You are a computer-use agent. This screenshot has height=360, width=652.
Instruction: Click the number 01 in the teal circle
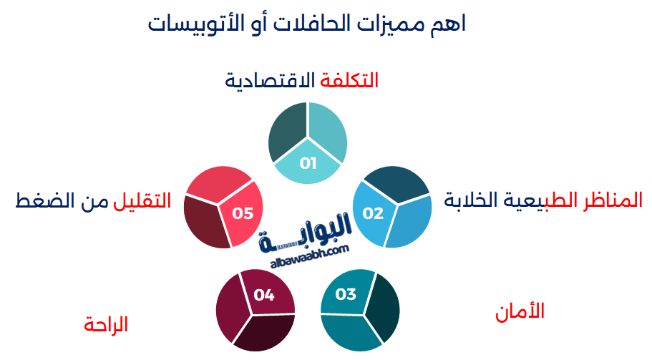coord(308,163)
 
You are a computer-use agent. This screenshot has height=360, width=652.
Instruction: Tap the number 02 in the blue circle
coord(373,213)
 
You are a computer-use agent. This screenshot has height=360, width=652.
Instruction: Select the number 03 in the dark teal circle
coord(346,294)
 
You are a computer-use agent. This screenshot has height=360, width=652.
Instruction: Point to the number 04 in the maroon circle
coord(264,294)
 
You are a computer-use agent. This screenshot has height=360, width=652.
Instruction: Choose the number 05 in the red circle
coord(243,213)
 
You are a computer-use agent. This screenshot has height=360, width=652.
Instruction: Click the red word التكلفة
coord(349,80)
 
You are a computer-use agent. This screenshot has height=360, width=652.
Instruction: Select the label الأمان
coord(520,311)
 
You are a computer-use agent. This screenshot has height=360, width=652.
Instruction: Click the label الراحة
coord(106,324)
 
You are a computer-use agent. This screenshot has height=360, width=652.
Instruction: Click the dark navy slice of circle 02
coord(398,185)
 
